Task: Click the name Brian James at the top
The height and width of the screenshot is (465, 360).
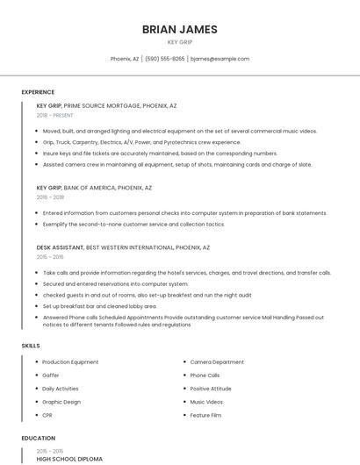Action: (x=179, y=29)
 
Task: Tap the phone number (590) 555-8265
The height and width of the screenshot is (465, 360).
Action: (x=164, y=59)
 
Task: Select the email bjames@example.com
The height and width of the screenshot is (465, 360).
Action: (x=220, y=59)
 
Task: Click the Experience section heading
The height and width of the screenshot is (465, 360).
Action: (x=38, y=92)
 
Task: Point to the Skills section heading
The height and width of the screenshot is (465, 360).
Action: (x=31, y=346)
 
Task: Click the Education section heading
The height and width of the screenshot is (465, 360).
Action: (x=38, y=438)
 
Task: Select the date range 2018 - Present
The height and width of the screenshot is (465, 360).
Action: (x=54, y=115)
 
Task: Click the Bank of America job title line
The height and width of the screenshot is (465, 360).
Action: (x=94, y=188)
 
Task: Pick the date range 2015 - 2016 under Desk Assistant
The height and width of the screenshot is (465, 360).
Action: (x=49, y=257)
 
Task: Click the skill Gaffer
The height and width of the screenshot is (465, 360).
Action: (x=51, y=376)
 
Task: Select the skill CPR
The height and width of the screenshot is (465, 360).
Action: (x=48, y=415)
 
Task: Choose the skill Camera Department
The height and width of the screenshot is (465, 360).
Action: (x=217, y=362)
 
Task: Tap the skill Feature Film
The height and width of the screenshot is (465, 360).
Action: (x=205, y=415)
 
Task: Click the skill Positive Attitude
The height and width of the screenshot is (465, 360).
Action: (x=211, y=389)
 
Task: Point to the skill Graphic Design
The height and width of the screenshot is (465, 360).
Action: (x=61, y=402)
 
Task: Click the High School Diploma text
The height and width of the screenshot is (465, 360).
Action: (x=69, y=459)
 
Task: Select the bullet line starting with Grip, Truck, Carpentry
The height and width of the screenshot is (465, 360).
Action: (x=141, y=142)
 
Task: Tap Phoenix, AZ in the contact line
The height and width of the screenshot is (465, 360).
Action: (x=124, y=59)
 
